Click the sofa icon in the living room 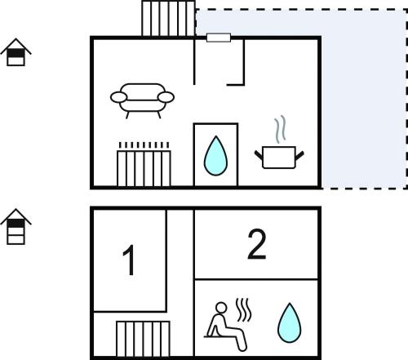click(x=142, y=100)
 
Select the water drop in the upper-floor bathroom click(x=215, y=156)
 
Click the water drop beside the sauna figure click(x=290, y=322)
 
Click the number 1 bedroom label click(x=129, y=260)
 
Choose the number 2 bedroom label click(x=257, y=244)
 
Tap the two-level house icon click(x=16, y=52)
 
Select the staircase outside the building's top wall click(x=169, y=19)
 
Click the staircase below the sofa click(x=144, y=168)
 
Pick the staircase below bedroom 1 click(x=143, y=339)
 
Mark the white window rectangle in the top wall click(x=219, y=38)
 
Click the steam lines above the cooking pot click(x=280, y=129)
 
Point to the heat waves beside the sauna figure click(x=243, y=310)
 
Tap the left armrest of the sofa click(x=118, y=97)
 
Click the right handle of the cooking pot click(x=299, y=155)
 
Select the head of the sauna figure click(x=221, y=308)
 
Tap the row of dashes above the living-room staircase click(x=144, y=144)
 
